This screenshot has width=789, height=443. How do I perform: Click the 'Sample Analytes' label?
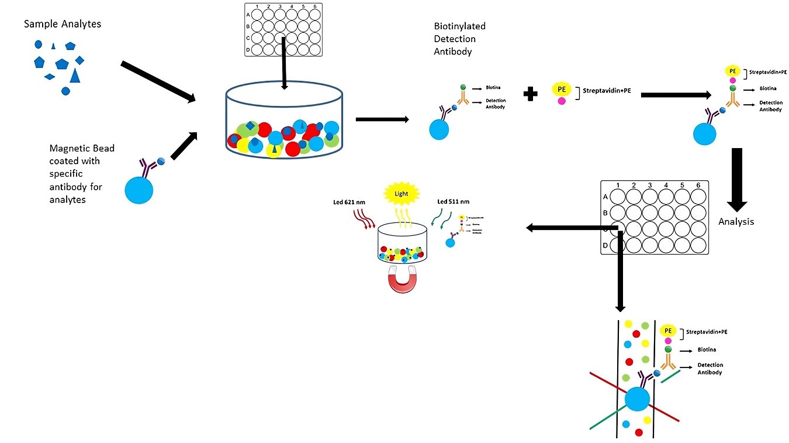click(x=63, y=24)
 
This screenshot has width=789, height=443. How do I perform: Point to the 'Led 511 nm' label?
click(x=454, y=202)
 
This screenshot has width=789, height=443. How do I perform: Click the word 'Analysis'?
click(x=736, y=222)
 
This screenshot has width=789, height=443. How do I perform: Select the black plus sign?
click(x=530, y=94)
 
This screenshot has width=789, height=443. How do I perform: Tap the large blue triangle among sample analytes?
click(x=75, y=75)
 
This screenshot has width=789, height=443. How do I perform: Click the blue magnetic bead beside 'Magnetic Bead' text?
click(x=139, y=190)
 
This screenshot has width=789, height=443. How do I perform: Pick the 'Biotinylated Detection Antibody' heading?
click(x=459, y=39)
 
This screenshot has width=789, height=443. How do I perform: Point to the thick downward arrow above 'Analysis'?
click(x=736, y=179)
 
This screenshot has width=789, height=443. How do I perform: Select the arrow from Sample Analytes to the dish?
click(x=158, y=81)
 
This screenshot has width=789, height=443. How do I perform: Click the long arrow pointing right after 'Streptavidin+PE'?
click(x=676, y=94)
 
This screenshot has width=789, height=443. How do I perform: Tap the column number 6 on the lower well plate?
click(x=697, y=186)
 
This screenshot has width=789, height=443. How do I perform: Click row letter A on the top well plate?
click(x=248, y=15)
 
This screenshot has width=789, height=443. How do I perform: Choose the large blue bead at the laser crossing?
click(x=636, y=400)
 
